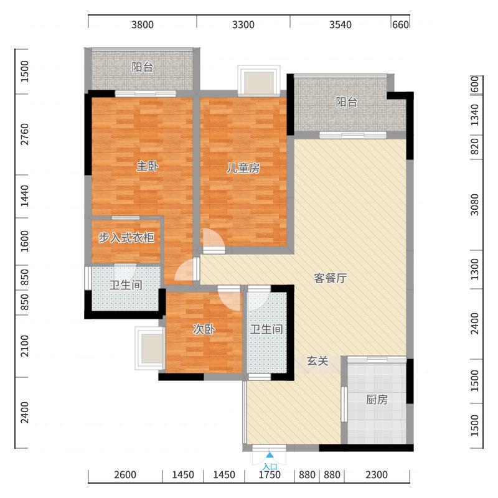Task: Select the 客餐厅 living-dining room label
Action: [329, 278]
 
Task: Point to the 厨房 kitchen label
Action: [376, 400]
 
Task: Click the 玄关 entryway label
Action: [317, 361]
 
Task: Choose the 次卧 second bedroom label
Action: [204, 329]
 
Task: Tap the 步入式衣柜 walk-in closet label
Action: [126, 238]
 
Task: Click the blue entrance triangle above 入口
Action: [270, 456]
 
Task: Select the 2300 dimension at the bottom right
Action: [376, 475]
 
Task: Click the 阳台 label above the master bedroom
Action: [142, 67]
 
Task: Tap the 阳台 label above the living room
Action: [347, 103]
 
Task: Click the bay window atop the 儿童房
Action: [258, 82]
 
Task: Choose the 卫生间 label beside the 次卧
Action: [266, 329]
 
